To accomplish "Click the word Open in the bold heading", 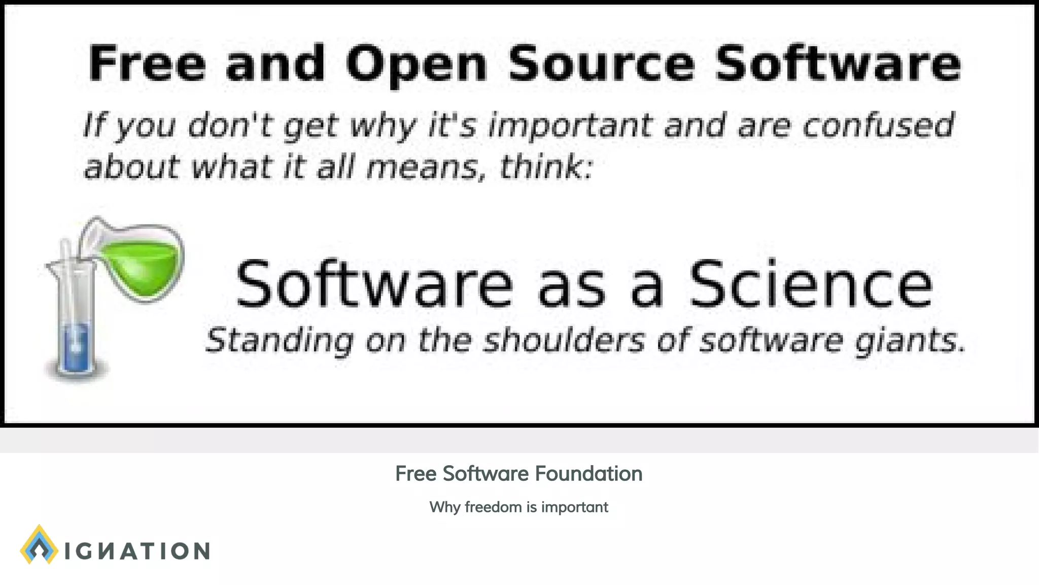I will [416, 64].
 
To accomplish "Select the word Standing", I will [279, 340].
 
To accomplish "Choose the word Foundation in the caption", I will [588, 474].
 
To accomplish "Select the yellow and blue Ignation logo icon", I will [39, 545].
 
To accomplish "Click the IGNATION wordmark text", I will [137, 551].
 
